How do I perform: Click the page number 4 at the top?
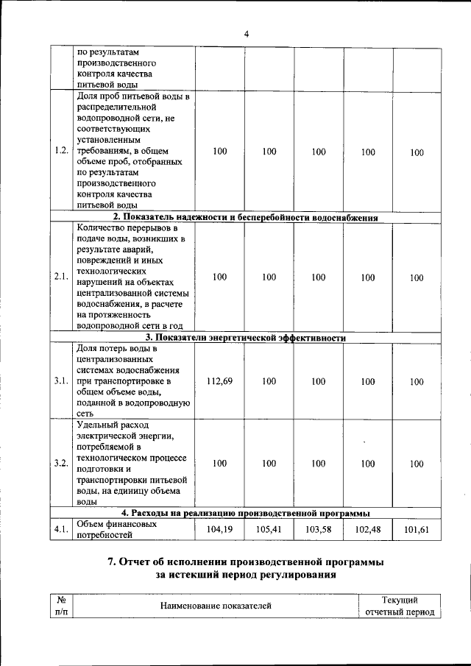tap(247, 34)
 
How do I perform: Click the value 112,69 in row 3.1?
tap(219, 381)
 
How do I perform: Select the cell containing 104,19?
tap(219, 529)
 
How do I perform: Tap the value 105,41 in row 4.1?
tap(269, 529)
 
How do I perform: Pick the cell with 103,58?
tap(318, 529)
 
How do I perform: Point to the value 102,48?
tap(367, 529)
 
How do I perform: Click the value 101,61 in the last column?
tap(417, 529)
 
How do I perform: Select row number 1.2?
tap(61, 152)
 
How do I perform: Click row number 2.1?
tap(61, 277)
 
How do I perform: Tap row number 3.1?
tap(61, 381)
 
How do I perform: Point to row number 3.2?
tap(61, 464)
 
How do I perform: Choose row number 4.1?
tap(61, 529)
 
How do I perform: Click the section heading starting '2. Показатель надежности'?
tap(245, 217)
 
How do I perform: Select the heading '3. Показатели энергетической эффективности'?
tap(245, 338)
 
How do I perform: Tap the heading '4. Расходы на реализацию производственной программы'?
tap(245, 513)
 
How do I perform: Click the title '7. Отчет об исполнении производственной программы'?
tap(245, 562)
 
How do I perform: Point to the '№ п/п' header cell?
tap(61, 606)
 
